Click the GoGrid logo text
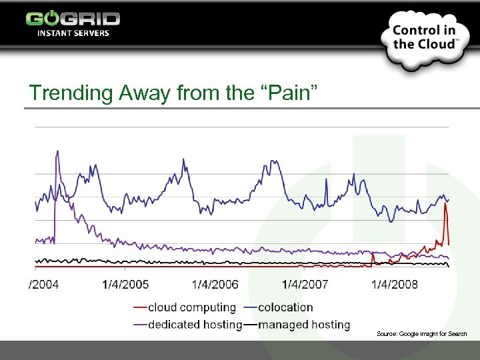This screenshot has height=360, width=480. pos(73,18)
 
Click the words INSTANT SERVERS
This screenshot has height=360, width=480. pos(73,33)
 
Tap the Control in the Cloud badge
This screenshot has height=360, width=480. pos(425,38)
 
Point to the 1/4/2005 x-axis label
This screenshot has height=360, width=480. pos(125,285)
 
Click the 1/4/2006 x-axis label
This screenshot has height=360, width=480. pos(215,285)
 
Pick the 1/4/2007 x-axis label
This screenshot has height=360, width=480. pos(305,285)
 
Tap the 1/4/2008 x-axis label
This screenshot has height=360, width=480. pos(395,285)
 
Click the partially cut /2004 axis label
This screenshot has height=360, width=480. pos(44,285)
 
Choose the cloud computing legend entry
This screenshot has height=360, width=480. pos(191,307)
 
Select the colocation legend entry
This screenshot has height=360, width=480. pos(285,307)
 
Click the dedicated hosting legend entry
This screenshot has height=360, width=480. pos(195,325)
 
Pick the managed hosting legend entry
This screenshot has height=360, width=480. pos(304,325)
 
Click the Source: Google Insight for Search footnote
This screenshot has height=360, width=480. pos(421,333)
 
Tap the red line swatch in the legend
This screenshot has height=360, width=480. pos(140,308)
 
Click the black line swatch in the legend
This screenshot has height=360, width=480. pos(250,325)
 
